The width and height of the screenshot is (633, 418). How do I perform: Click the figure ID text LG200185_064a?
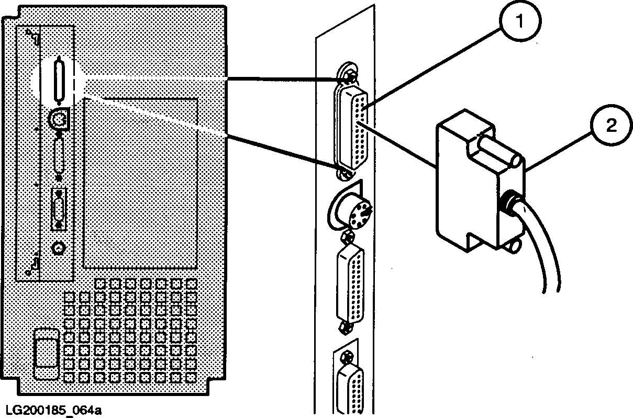[51, 409]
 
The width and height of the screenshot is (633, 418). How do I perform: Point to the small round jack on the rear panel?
[59, 247]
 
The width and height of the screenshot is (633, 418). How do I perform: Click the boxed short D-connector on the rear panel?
[59, 208]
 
